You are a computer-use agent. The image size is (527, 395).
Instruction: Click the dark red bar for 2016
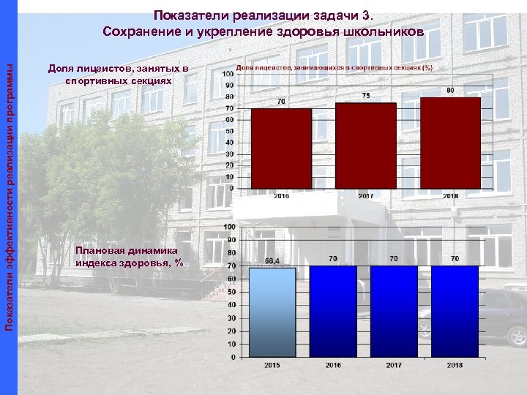point(281,148)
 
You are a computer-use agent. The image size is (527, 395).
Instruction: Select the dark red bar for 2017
point(365,145)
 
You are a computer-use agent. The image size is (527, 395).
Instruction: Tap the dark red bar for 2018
point(450,143)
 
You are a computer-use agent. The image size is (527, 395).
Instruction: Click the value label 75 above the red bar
point(366,96)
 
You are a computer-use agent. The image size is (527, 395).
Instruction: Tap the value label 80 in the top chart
point(450,90)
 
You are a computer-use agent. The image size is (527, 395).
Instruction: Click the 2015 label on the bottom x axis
point(272,364)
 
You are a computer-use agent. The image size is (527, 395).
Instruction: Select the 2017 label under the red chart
point(366,196)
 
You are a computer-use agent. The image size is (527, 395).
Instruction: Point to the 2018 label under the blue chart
point(455,364)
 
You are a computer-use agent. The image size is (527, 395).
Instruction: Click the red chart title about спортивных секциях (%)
point(334,67)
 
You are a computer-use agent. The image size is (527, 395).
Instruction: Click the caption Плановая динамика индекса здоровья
point(129,257)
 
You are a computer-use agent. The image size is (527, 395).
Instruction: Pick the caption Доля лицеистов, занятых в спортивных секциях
point(119,75)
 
